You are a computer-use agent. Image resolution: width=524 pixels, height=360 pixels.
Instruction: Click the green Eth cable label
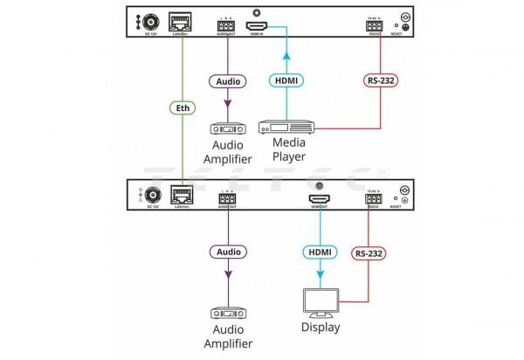point(182,109)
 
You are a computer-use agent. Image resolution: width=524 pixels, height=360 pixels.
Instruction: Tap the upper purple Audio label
point(226,80)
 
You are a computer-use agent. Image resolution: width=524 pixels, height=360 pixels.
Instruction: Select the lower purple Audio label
point(226,252)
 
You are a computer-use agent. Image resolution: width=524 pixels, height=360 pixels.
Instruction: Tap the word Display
point(320,330)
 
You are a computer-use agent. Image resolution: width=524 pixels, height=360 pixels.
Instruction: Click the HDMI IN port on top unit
point(258,25)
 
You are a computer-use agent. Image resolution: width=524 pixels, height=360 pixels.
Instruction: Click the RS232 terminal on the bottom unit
point(373,198)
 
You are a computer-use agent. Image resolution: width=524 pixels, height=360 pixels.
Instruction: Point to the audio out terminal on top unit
point(227,25)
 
